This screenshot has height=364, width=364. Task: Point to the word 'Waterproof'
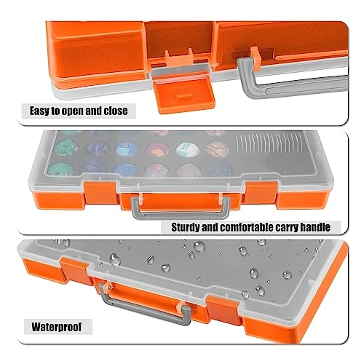click(x=57, y=327)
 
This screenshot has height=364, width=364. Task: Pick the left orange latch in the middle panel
click(x=100, y=193)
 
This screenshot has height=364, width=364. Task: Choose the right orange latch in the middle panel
click(x=261, y=193)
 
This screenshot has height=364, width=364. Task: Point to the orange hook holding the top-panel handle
click(x=256, y=55)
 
